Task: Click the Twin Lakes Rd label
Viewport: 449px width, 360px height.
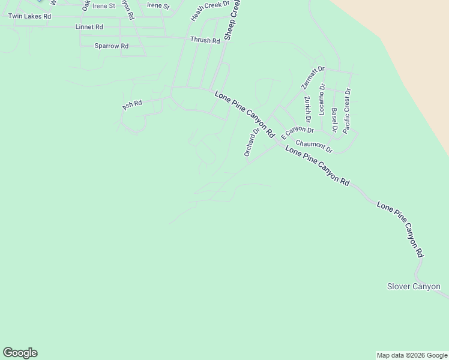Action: [29, 16]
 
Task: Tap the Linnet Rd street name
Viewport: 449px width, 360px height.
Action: [89, 28]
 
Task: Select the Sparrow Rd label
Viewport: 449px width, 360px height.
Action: [112, 46]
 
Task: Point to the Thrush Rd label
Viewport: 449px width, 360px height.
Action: [205, 40]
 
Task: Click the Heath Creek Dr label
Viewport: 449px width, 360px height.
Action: [210, 11]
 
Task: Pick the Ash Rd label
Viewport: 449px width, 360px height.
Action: [132, 104]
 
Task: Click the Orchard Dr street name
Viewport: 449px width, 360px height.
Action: [252, 142]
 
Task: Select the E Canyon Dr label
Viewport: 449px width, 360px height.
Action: [297, 130]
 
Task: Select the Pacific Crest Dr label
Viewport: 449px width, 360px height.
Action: [347, 110]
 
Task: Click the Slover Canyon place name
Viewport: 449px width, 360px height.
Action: [414, 286]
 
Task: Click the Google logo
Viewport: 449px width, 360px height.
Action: [20, 353]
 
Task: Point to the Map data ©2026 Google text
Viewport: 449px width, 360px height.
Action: [412, 355]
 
